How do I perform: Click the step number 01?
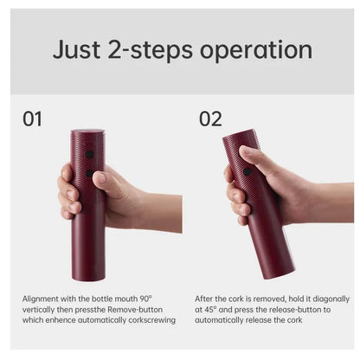(31, 119)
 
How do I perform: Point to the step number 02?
(210, 119)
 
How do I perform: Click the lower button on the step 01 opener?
(89, 173)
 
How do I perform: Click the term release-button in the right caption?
(278, 309)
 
